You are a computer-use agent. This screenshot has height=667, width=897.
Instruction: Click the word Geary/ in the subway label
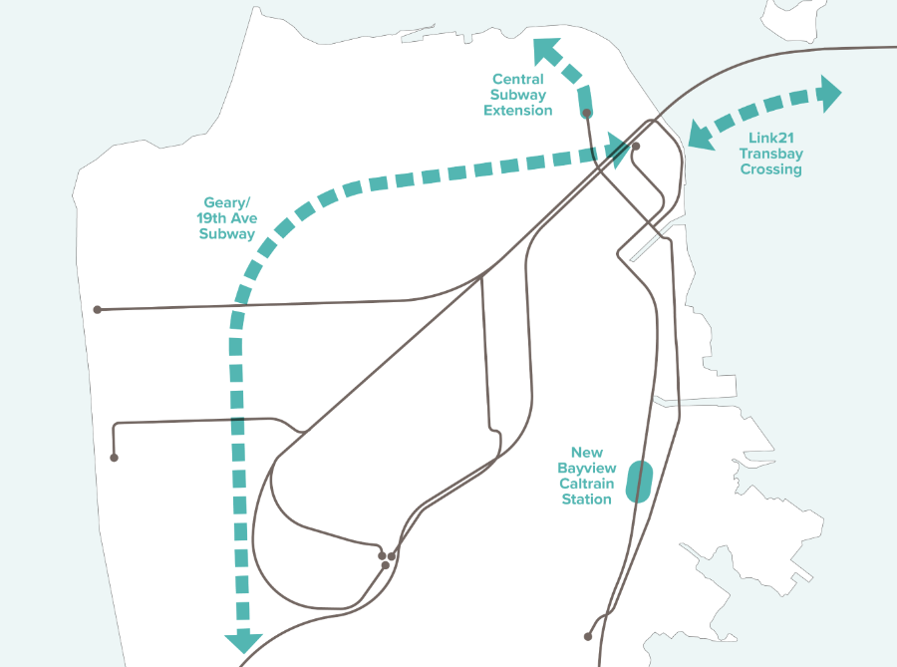(x=225, y=202)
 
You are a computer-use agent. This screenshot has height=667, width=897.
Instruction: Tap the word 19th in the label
(x=212, y=218)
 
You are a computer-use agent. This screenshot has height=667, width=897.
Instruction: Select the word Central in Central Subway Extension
(x=518, y=79)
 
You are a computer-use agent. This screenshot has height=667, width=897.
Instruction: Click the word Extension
(x=518, y=111)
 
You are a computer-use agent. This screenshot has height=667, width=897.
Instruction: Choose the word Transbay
(x=770, y=154)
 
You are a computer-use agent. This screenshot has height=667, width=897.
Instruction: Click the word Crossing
(x=770, y=169)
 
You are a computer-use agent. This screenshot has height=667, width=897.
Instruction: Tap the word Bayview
(x=587, y=468)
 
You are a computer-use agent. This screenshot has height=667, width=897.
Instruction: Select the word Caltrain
(x=587, y=484)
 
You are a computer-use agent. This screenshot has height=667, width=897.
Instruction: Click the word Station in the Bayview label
(x=587, y=500)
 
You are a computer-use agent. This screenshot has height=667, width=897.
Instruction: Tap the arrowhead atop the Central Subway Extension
(x=547, y=50)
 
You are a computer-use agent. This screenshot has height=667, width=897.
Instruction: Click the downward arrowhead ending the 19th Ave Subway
(x=243, y=642)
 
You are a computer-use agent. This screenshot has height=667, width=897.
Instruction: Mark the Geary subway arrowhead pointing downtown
(x=618, y=153)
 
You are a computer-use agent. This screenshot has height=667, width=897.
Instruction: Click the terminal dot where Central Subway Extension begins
(x=587, y=114)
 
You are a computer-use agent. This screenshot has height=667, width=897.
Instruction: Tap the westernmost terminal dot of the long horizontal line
(x=98, y=310)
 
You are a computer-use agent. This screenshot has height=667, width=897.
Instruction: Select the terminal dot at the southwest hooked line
(x=115, y=458)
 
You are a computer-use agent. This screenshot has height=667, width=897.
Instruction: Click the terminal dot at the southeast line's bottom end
(x=589, y=636)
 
